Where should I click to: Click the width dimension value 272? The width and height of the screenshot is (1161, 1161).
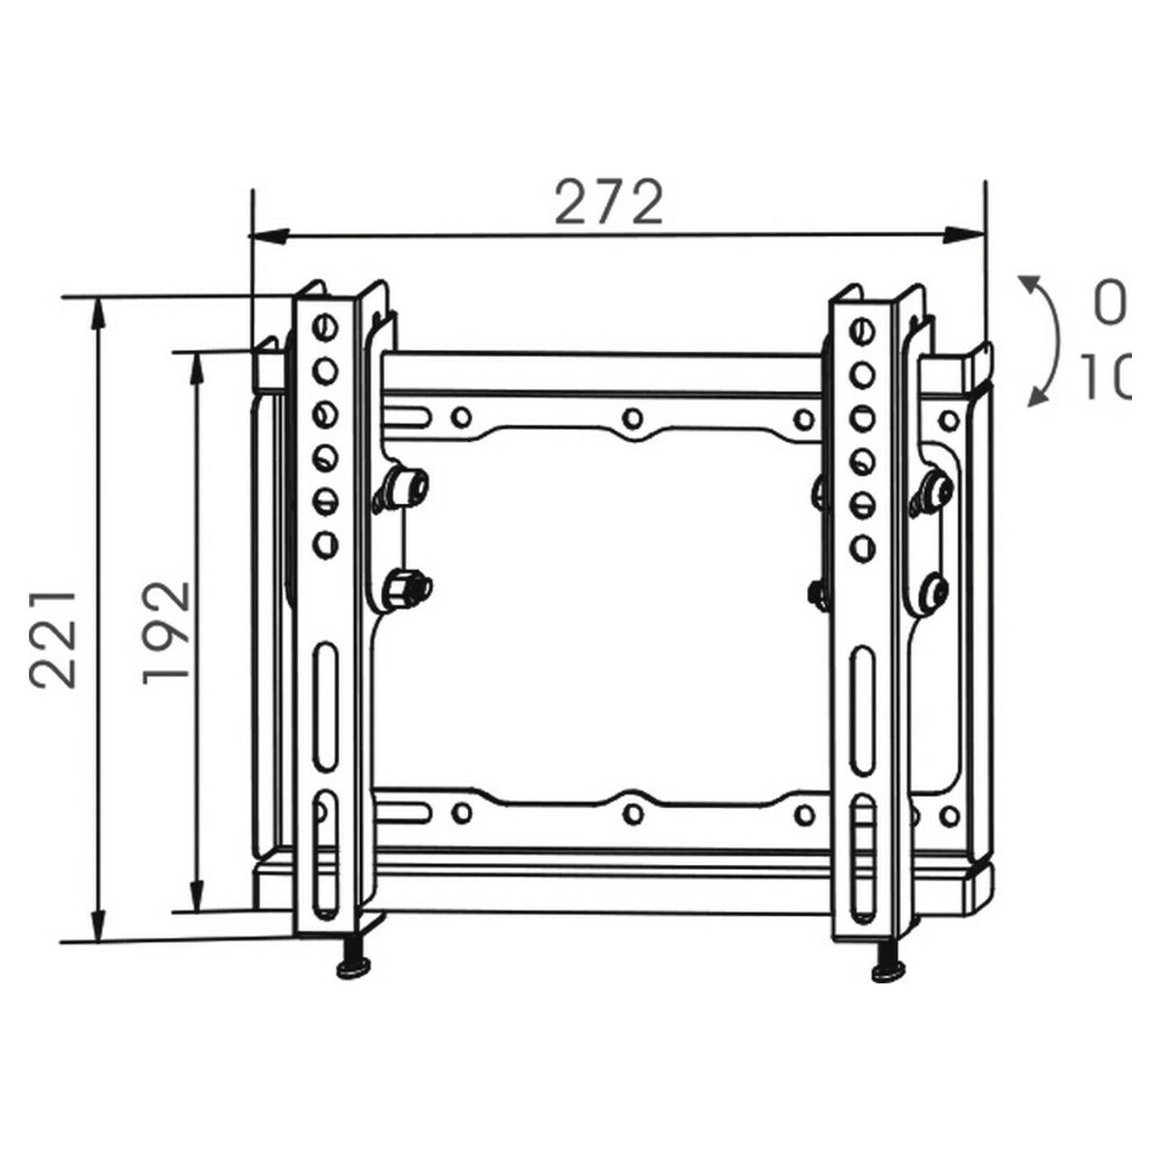609,203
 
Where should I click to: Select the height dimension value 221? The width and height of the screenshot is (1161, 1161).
53,636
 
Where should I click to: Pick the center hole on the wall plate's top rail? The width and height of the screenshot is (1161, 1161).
632,418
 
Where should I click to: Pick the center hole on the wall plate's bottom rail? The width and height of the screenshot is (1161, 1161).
632,812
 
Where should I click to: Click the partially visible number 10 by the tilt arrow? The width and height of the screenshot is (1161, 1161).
1103,378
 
